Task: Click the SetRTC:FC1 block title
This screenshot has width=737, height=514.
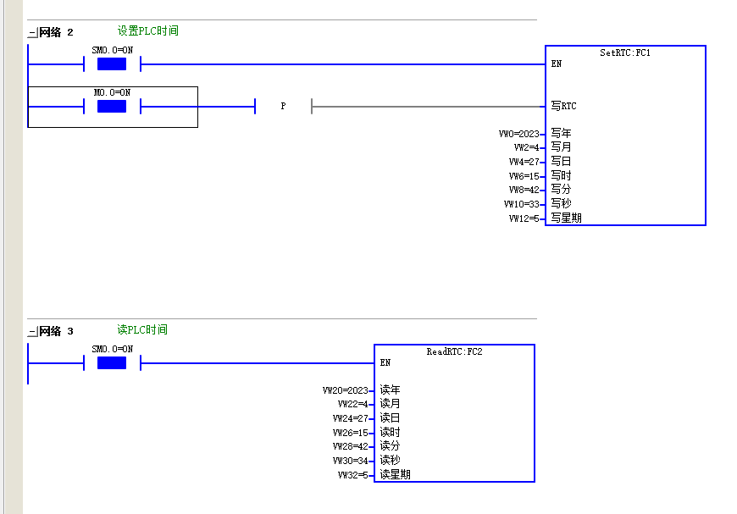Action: (x=625, y=53)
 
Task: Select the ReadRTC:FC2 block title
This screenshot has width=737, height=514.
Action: (x=455, y=351)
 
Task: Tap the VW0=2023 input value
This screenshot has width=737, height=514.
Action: (x=519, y=134)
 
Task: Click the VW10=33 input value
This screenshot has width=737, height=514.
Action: (x=521, y=204)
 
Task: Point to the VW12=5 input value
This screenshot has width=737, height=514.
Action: (x=524, y=218)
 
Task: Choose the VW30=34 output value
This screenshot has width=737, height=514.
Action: (x=350, y=461)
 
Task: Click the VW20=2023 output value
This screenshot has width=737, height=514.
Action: (x=346, y=390)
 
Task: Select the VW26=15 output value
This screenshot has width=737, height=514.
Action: (x=350, y=432)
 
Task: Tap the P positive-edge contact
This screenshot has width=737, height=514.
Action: (x=283, y=106)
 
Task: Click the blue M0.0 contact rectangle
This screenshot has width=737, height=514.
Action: (x=112, y=106)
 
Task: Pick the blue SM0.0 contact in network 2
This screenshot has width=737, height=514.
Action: (x=112, y=64)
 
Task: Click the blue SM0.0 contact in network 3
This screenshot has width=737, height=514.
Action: (x=112, y=362)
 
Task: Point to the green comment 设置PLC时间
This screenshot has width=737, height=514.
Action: (x=148, y=31)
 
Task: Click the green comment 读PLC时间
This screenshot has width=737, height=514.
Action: (x=142, y=330)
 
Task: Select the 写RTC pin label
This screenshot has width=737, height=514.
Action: (x=563, y=106)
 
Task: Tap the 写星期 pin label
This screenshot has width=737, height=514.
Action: (x=567, y=218)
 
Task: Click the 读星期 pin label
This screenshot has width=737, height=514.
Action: (x=396, y=474)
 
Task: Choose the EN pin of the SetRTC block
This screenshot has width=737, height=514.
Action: (x=557, y=64)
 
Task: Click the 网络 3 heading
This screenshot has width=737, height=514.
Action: (x=56, y=331)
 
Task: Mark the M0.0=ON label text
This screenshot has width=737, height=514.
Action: (x=113, y=92)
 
